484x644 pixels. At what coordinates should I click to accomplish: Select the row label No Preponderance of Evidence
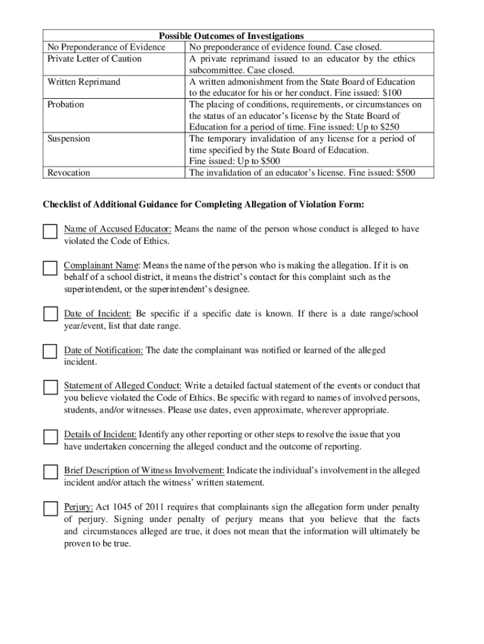[x=106, y=47]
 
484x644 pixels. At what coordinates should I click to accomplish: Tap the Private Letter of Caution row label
[x=94, y=58]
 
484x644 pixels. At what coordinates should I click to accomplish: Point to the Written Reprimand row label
[x=84, y=82]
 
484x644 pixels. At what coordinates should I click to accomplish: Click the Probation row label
[x=66, y=104]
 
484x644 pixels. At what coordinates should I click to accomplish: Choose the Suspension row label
[x=69, y=138]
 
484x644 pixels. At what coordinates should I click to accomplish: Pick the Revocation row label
[x=69, y=172]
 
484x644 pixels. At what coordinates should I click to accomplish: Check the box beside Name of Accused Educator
[x=50, y=231]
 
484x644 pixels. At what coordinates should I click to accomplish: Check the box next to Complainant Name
[x=50, y=268]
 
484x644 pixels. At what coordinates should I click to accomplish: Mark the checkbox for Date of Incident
[x=50, y=314]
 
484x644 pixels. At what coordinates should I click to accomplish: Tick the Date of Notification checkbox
[x=50, y=352]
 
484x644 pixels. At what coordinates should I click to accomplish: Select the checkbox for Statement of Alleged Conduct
[x=50, y=387]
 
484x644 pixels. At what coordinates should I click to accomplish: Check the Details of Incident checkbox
[x=50, y=436]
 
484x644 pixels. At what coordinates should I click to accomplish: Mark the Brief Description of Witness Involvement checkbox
[x=50, y=472]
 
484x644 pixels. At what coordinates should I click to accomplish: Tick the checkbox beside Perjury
[x=50, y=509]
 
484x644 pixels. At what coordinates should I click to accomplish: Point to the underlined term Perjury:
[x=79, y=507]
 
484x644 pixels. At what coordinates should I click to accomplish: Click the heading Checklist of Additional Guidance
[x=203, y=205]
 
